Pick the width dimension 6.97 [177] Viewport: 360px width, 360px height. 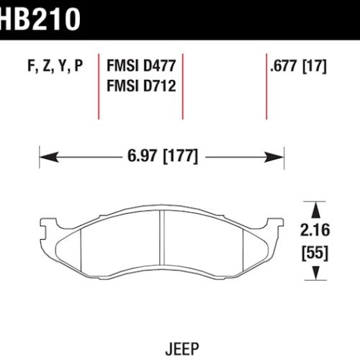click(x=161, y=156)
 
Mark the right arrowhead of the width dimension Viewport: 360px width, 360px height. click(x=279, y=156)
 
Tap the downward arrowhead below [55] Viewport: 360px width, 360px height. click(x=315, y=274)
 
